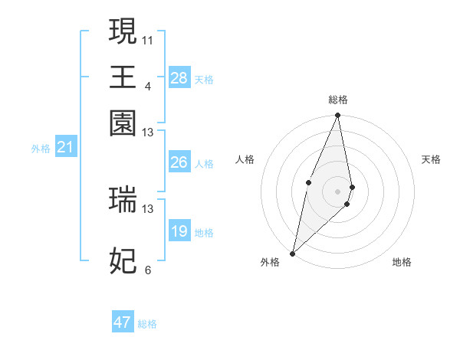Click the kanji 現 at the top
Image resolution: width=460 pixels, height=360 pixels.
point(123,32)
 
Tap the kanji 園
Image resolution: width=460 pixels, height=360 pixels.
point(123,123)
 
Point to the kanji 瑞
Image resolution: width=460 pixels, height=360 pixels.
point(123,198)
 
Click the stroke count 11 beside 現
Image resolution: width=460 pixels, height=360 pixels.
point(147,39)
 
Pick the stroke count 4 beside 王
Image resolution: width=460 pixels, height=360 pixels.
point(147,85)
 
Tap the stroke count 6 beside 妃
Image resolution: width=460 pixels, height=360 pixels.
point(147,270)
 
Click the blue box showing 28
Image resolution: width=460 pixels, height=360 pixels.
point(179,78)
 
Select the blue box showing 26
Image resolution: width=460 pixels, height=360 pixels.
point(179,162)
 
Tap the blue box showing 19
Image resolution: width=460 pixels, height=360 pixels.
point(179,231)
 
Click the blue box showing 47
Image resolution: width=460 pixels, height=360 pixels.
point(122,322)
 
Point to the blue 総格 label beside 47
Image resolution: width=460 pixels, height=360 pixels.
point(147,324)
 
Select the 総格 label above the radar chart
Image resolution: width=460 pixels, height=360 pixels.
point(338,100)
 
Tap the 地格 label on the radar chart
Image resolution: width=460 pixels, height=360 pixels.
point(402,262)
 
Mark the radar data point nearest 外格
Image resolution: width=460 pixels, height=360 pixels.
point(293,254)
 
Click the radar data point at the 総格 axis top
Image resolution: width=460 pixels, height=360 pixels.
point(338,116)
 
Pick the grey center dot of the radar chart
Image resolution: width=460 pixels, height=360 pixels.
point(338,191)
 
